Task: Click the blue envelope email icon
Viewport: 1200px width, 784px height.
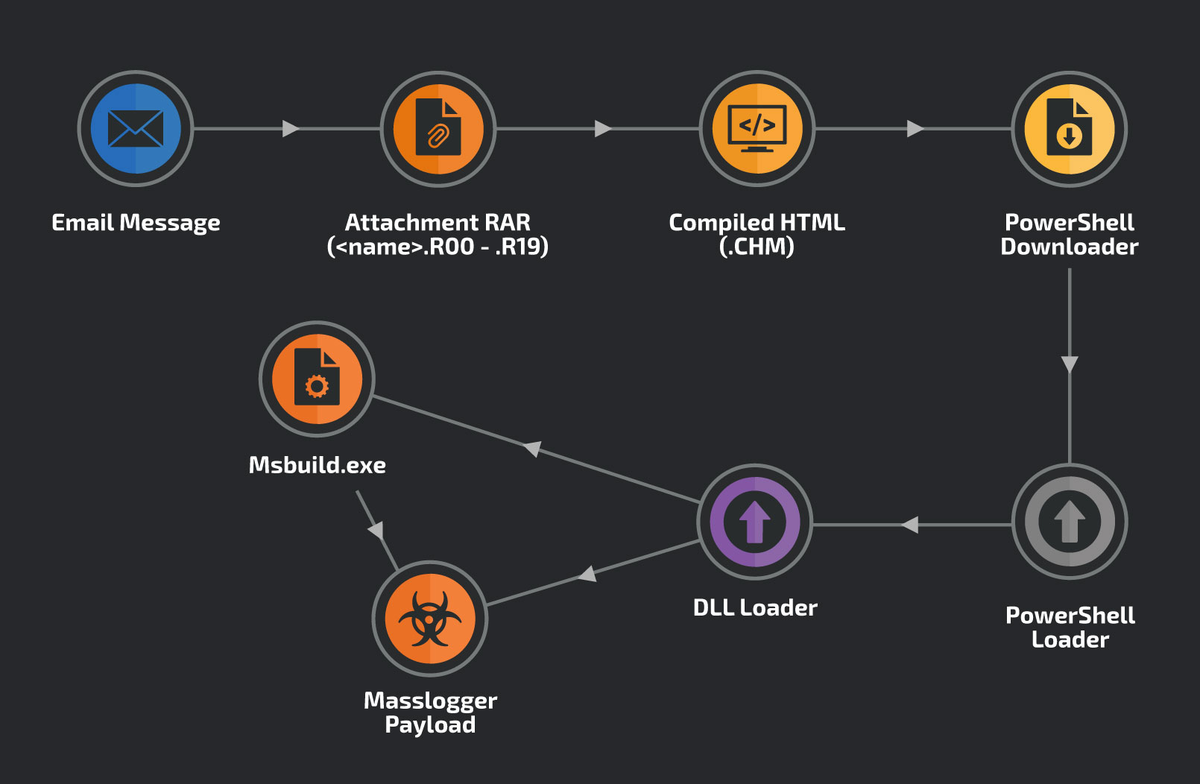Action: [x=136, y=128]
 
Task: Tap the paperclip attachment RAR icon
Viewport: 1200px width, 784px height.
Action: [x=438, y=128]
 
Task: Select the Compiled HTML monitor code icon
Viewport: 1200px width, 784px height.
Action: [x=757, y=128]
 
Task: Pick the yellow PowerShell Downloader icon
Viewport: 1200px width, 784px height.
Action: [x=1069, y=128]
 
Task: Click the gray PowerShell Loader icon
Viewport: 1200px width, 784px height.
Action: [x=1069, y=521]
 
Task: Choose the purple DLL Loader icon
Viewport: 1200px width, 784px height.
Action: [x=754, y=521]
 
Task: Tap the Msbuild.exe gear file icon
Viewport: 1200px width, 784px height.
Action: [x=317, y=379]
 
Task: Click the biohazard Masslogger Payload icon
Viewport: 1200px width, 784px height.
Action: [x=430, y=619]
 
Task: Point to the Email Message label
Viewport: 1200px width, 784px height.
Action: [x=136, y=223]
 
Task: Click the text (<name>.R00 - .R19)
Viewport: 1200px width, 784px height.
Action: [x=438, y=247]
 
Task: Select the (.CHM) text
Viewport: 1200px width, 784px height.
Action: [x=757, y=247]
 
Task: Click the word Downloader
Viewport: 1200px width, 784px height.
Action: [x=1069, y=247]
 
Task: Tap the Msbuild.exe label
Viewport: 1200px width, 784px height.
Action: [x=317, y=465]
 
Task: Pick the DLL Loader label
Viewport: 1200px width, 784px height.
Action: [x=755, y=607]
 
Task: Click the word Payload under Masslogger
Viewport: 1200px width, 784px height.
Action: [x=430, y=724]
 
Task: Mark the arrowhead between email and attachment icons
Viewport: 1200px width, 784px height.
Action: [x=291, y=129]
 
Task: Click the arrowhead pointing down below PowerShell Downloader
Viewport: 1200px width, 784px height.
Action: [x=1070, y=364]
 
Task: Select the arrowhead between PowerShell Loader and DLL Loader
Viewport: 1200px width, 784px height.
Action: [x=909, y=525]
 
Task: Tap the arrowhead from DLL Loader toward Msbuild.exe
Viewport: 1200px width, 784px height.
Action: [x=532, y=449]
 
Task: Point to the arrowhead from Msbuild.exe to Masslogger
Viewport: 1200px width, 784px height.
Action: [x=376, y=530]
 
